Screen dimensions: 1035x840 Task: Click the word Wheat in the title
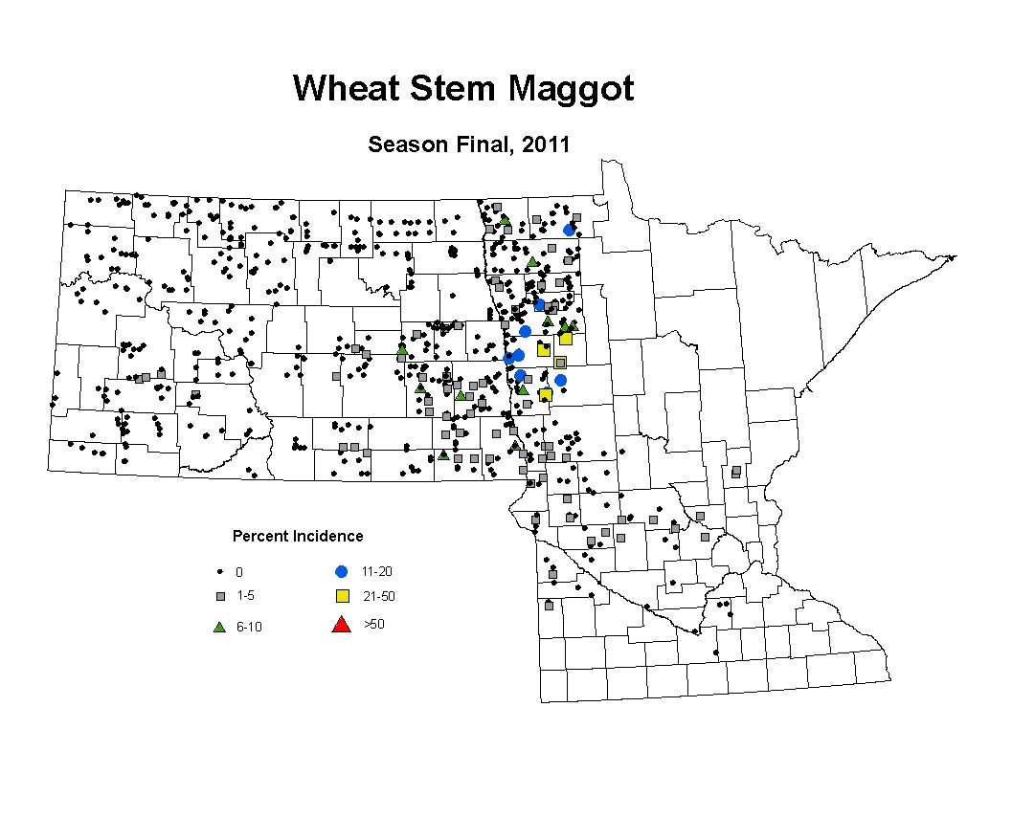tap(346, 88)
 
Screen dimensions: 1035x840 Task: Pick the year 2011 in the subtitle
tap(546, 144)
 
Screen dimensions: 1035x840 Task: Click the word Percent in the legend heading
tap(260, 536)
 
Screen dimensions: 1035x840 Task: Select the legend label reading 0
tap(239, 572)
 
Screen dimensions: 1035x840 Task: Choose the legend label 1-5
tap(245, 595)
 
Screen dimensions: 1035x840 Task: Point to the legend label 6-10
tap(250, 627)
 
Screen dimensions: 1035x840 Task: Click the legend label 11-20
tap(377, 571)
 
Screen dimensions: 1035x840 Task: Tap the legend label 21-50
tap(379, 596)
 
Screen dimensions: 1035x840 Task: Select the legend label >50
tap(374, 624)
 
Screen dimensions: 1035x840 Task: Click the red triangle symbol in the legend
tap(341, 625)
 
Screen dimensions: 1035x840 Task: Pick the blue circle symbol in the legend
tap(341, 572)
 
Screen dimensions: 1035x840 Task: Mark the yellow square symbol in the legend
tap(343, 596)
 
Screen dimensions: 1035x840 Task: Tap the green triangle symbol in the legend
tap(220, 627)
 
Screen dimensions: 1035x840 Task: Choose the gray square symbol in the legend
tap(221, 596)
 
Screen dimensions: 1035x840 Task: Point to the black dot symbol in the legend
tap(220, 572)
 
